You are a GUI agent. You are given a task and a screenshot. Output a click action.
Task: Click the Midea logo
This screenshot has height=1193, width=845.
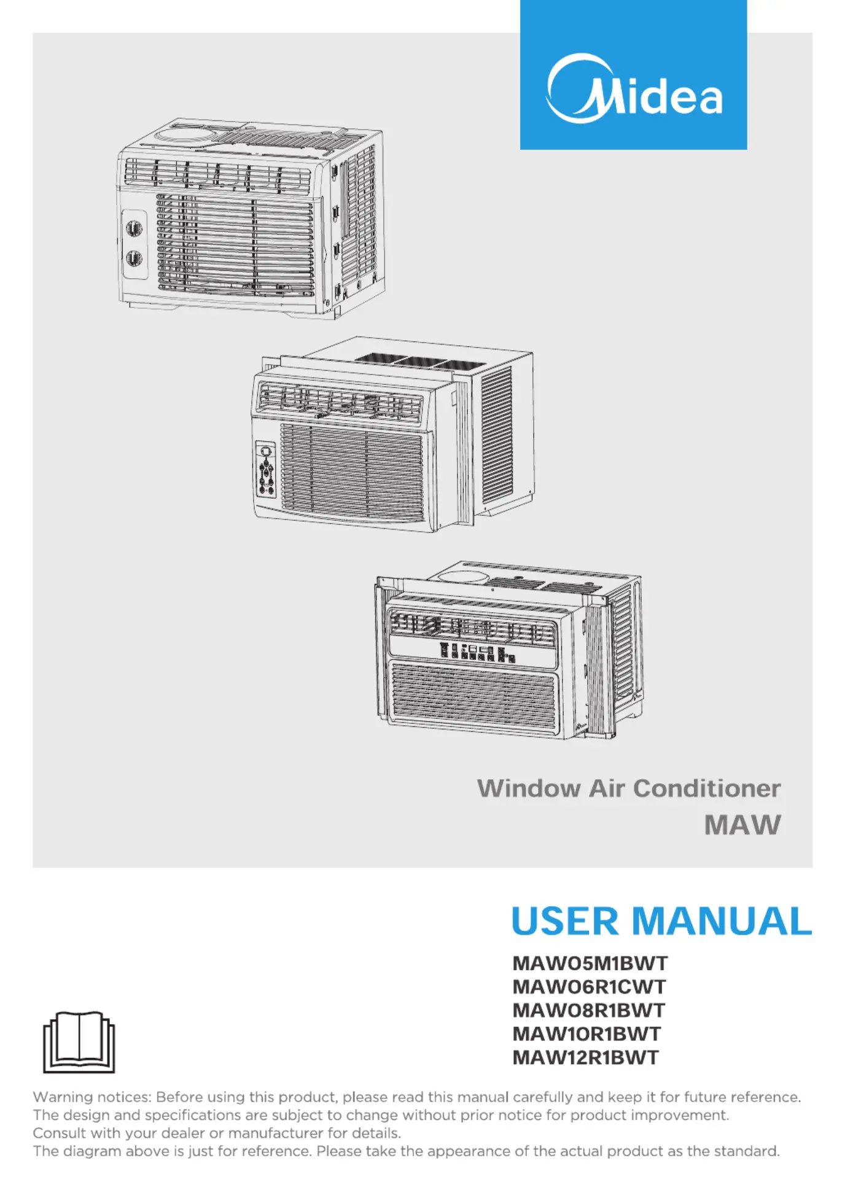pos(634,88)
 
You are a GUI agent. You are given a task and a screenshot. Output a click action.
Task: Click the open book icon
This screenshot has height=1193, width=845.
pos(79,1042)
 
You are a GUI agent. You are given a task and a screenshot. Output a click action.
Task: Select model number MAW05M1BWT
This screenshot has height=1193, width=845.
pos(590,963)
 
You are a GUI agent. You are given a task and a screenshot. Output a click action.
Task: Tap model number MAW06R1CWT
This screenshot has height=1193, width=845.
pos(589,987)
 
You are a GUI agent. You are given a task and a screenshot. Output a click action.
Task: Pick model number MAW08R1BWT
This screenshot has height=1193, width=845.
pos(588,1010)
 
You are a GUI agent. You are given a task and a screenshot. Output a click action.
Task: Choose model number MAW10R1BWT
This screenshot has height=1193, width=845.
pos(586,1033)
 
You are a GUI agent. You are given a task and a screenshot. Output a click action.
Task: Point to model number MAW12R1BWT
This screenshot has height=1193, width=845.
pos(585,1057)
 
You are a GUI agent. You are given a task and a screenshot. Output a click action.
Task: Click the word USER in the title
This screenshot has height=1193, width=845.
pos(565,921)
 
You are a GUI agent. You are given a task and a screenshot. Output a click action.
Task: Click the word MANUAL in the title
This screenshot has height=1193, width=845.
pos(722,921)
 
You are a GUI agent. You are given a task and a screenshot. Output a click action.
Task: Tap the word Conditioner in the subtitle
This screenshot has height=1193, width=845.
pos(707,788)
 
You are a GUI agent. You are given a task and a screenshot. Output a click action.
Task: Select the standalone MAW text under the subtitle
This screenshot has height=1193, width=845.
pos(742,825)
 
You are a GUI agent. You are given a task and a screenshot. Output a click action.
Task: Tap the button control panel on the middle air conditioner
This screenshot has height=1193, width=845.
pos(266,468)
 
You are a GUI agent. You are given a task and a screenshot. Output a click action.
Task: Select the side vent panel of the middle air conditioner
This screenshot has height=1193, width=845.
pos(497,433)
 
